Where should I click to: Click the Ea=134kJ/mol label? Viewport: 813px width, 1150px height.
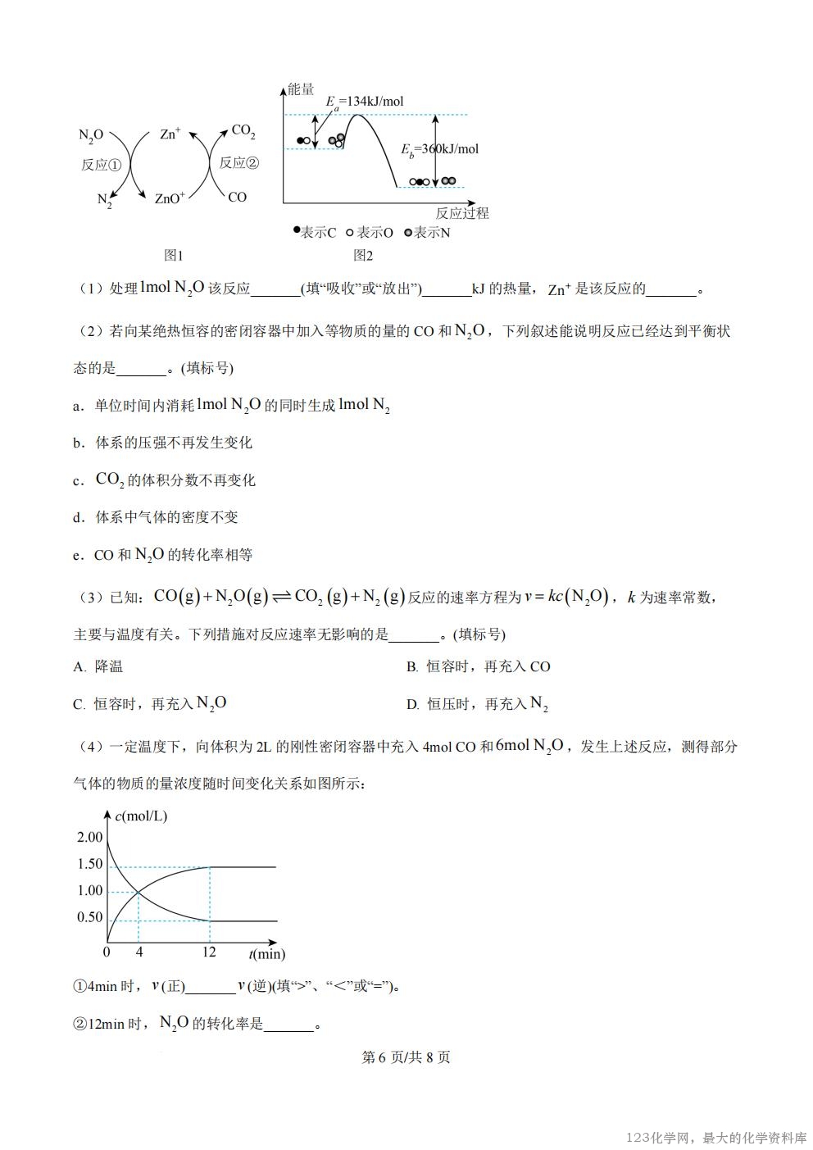click(365, 102)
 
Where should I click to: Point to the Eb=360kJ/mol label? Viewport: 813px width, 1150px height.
click(439, 149)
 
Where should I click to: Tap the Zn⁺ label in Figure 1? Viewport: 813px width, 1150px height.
click(170, 134)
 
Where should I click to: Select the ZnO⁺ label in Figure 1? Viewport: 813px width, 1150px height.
click(170, 198)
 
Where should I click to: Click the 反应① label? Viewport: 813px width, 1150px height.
click(101, 165)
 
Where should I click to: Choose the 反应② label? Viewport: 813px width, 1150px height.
click(239, 162)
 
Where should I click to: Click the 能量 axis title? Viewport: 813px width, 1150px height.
click(301, 89)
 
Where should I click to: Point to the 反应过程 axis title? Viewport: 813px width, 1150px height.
click(462, 213)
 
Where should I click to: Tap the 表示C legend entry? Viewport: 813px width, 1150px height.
click(316, 233)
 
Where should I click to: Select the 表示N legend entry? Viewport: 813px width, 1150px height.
click(428, 233)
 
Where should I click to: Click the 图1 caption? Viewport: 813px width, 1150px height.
click(174, 256)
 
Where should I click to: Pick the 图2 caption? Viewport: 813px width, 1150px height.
click(363, 256)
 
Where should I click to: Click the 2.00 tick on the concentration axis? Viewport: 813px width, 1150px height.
click(90, 837)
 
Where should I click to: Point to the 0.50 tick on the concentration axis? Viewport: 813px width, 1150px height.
click(90, 917)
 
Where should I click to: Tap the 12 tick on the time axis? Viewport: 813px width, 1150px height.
click(209, 952)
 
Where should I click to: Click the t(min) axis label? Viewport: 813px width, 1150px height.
click(267, 953)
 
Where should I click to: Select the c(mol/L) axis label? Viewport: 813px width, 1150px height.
click(141, 816)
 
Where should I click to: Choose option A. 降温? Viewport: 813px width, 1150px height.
click(98, 666)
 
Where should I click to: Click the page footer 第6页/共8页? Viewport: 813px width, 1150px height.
click(406, 1057)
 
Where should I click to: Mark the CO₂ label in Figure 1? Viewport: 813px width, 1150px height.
click(243, 131)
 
